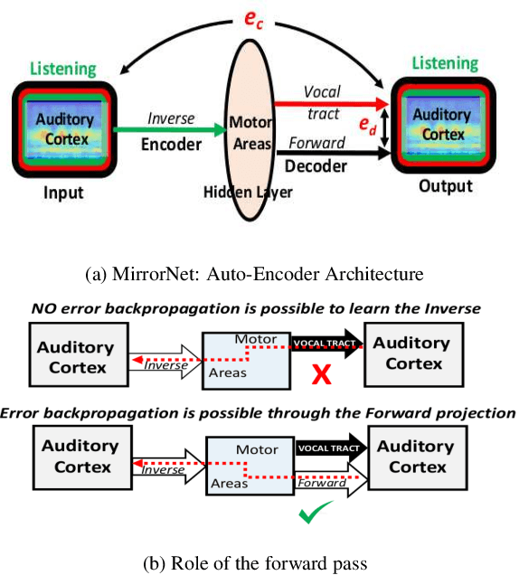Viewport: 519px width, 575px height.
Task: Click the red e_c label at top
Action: (254, 20)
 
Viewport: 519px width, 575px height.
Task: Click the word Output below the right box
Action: (446, 186)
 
